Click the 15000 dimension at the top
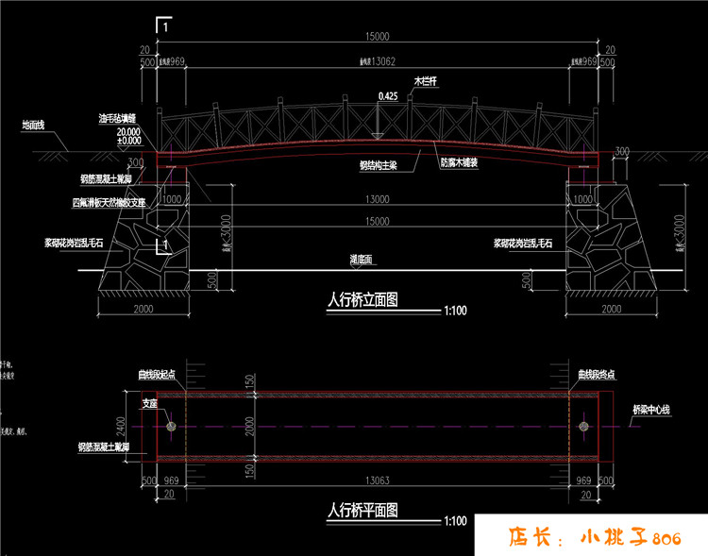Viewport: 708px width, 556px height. (x=377, y=37)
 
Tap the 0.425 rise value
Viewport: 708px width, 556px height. (x=387, y=96)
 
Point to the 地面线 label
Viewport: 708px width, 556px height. (x=36, y=125)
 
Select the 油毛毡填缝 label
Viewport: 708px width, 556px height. (x=118, y=119)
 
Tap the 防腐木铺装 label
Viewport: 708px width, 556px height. (x=461, y=162)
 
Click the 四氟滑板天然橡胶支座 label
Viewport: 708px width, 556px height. (x=110, y=202)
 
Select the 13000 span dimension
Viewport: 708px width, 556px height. (x=377, y=199)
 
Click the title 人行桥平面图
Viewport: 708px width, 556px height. (x=362, y=511)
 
